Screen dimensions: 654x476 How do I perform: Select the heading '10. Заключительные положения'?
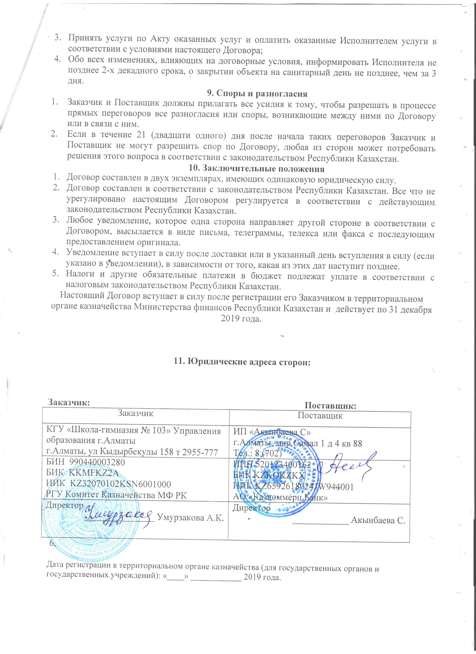tap(257, 168)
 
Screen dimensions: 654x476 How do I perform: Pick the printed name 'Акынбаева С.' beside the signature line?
tap(378, 521)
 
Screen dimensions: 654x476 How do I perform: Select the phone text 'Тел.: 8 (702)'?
tap(257, 453)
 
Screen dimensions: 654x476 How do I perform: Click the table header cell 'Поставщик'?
tap(320, 416)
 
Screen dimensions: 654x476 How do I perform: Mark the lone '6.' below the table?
tap(52, 543)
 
